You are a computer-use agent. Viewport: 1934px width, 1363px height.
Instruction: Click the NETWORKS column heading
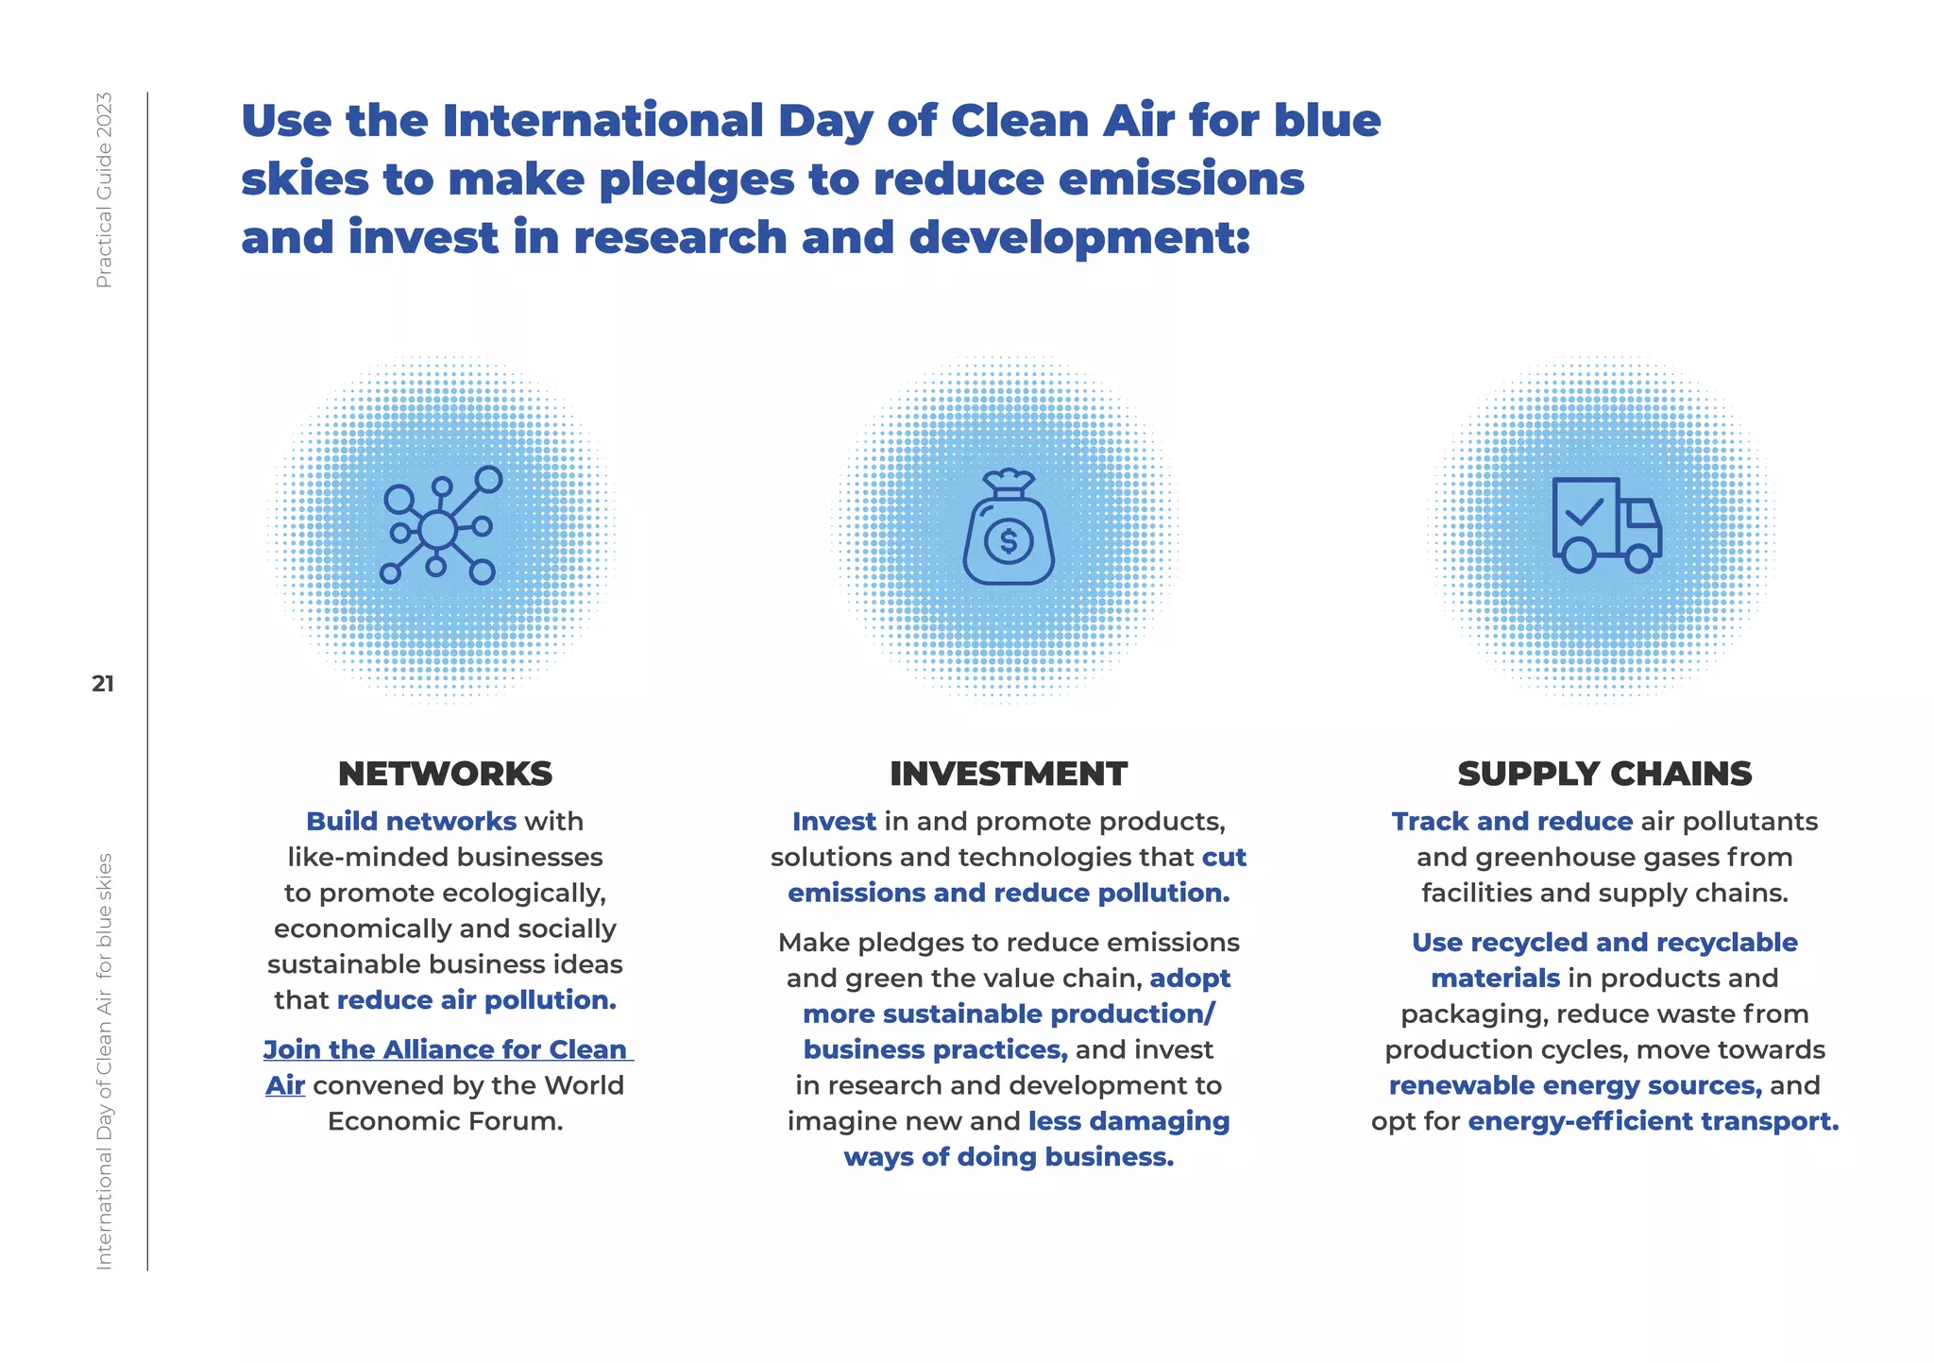click(x=445, y=774)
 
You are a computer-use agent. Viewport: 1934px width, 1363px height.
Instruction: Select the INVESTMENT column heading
click(x=1008, y=774)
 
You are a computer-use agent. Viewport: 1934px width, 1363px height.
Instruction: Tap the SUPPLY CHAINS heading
click(x=1604, y=774)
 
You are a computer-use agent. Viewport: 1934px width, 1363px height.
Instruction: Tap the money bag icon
click(x=1008, y=529)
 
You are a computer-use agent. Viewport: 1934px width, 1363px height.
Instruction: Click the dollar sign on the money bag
click(x=1009, y=541)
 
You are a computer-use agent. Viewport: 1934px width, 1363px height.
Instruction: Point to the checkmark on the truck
click(x=1584, y=512)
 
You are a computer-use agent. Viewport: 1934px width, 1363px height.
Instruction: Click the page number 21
click(x=103, y=684)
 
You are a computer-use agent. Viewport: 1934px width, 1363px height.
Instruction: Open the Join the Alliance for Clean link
click(x=446, y=1049)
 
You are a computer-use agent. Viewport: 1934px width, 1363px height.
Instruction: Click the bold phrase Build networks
click(x=411, y=821)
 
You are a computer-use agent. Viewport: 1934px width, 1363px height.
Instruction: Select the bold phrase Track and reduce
click(x=1511, y=821)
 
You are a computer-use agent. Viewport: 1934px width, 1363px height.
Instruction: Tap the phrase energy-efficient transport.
click(x=1653, y=1121)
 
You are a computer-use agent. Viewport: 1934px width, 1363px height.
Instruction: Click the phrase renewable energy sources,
click(x=1574, y=1085)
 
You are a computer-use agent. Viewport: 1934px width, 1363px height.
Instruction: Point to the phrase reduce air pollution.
click(x=476, y=1000)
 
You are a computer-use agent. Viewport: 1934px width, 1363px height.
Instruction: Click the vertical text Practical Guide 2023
click(x=104, y=190)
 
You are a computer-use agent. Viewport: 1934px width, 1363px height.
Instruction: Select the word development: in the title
click(x=1079, y=237)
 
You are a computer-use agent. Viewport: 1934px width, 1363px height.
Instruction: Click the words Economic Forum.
click(x=445, y=1121)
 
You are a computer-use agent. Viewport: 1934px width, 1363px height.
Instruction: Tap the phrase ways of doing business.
click(x=1008, y=1157)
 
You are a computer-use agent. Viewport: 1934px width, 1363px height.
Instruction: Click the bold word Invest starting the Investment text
click(x=834, y=821)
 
